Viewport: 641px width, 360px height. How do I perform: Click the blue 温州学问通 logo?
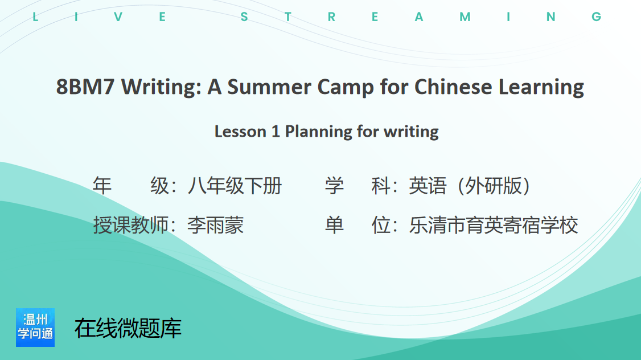point(35,328)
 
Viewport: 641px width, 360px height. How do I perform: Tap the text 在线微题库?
point(128,328)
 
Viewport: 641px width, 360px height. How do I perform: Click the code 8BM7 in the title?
point(85,87)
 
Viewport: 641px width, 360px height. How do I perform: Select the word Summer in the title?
point(269,87)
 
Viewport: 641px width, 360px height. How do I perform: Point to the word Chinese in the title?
point(453,87)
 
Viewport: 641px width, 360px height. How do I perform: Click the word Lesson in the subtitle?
point(240,132)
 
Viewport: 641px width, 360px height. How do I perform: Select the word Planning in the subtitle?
point(318,132)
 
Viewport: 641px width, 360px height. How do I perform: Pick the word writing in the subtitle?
point(411,132)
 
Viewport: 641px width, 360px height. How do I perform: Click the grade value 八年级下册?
point(235,186)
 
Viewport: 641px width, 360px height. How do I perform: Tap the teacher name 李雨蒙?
point(215,225)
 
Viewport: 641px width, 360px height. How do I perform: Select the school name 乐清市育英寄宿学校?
point(494,225)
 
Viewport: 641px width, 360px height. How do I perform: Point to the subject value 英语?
point(428,186)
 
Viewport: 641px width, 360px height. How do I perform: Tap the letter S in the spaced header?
point(244,17)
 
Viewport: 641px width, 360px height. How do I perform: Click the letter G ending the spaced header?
point(597,17)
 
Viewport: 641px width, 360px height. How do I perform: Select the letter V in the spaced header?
point(118,17)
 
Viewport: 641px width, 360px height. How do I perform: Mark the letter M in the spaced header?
point(465,17)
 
